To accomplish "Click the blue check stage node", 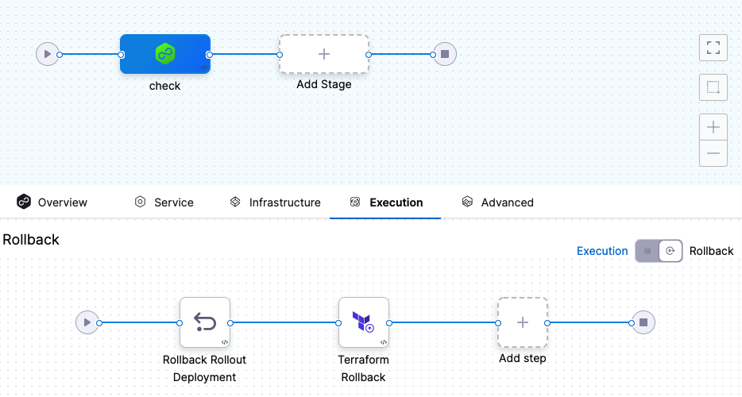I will point(165,54).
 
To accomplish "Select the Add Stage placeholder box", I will point(324,54).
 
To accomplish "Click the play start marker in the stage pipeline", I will point(48,54).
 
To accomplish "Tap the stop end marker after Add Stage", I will point(445,54).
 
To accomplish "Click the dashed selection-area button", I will point(713,87).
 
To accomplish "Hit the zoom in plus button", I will point(713,127).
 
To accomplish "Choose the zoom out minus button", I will point(713,152).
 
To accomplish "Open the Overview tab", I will point(52,202).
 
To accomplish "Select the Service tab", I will point(164,202).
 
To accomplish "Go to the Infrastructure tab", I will point(275,202).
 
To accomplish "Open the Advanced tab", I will point(498,202).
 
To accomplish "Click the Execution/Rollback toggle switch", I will point(659,251).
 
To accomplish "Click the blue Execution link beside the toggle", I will point(602,251).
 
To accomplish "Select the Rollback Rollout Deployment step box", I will point(205,322).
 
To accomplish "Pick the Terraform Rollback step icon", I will point(364,322).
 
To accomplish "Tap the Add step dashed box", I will point(523,322).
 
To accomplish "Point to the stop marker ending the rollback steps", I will point(643,322).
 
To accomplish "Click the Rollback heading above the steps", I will point(31,239).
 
